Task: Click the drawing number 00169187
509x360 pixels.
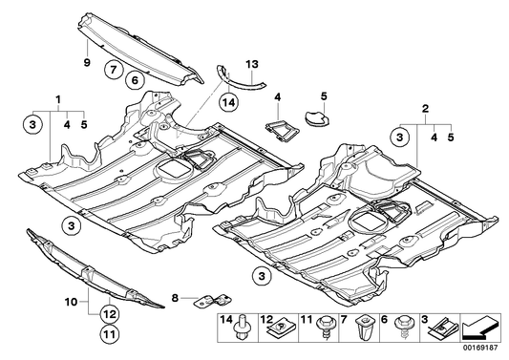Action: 482,351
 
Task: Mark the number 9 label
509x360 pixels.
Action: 85,64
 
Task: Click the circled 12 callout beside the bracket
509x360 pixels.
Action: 110,311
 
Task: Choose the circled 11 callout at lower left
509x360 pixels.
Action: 110,334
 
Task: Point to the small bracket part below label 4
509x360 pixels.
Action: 276,121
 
